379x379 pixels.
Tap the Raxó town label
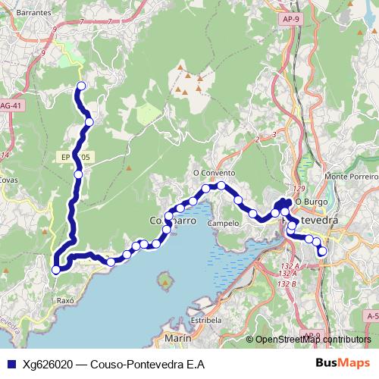click(64, 300)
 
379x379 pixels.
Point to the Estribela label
click(205, 320)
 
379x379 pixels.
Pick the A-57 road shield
click(371, 315)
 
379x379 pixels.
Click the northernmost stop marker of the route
click(80, 86)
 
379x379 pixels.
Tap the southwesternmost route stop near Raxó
click(55, 270)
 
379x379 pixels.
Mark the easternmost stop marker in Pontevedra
click(322, 251)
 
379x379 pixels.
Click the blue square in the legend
click(11, 364)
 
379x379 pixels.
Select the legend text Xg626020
click(47, 364)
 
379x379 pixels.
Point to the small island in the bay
click(165, 283)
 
